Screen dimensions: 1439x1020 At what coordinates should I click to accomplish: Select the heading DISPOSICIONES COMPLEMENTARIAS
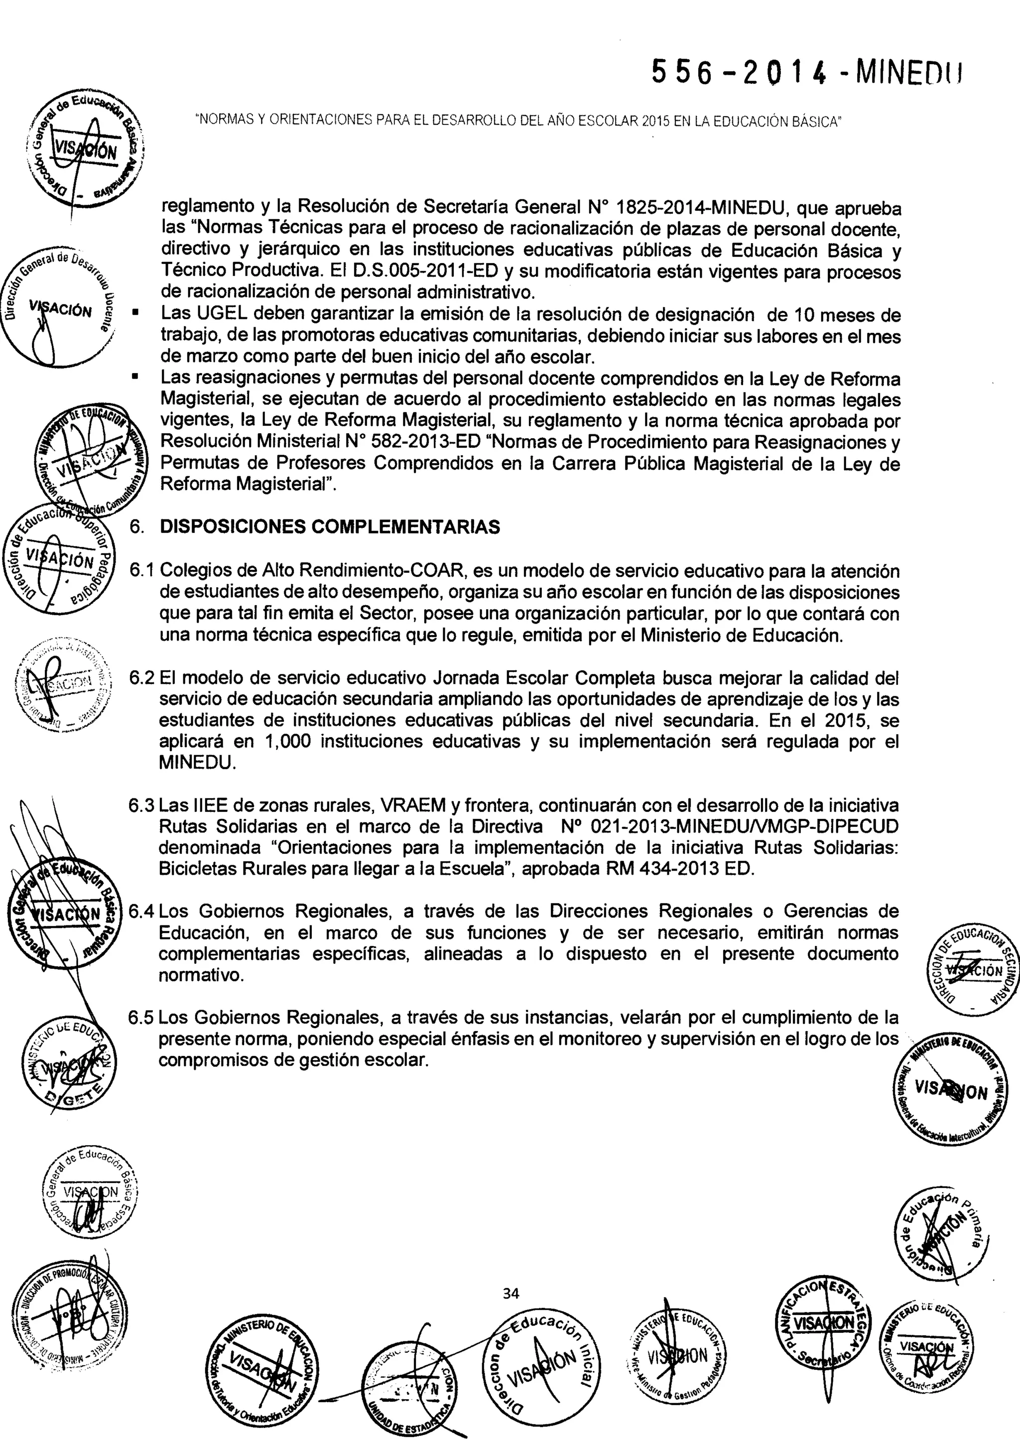pos(330,526)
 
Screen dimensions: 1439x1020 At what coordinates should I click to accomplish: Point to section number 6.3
pos(141,805)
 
